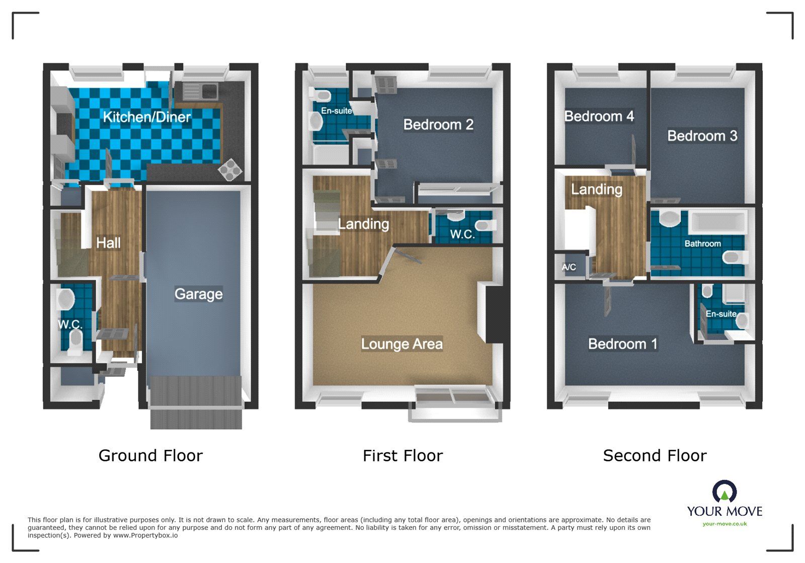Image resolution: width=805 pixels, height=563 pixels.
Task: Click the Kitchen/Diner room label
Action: [x=146, y=117]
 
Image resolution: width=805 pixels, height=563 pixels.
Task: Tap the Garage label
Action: [x=198, y=294]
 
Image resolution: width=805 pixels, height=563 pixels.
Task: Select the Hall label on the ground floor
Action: [x=108, y=243]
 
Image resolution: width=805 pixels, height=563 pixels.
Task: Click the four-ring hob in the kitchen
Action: [x=230, y=170]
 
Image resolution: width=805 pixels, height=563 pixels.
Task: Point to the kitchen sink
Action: [x=200, y=92]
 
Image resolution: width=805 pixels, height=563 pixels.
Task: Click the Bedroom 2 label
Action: [x=438, y=125]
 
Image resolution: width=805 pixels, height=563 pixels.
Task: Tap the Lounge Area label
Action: [x=401, y=344]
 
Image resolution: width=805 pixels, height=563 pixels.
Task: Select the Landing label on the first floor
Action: [x=363, y=224]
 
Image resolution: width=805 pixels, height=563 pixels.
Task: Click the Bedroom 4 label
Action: [x=599, y=116]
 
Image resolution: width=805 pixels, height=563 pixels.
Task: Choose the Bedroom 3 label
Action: [x=702, y=136]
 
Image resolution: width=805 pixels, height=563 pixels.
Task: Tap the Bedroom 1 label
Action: [x=622, y=344]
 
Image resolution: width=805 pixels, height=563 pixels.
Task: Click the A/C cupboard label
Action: [x=569, y=267]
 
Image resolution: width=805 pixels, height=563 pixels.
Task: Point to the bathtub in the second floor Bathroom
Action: [x=716, y=222]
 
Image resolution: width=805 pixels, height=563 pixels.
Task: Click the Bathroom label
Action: [x=702, y=244]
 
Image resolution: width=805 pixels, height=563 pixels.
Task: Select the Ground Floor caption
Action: [x=150, y=455]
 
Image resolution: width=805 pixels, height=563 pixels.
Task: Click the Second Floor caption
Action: [x=655, y=455]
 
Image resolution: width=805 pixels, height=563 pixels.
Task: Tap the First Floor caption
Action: [x=403, y=455]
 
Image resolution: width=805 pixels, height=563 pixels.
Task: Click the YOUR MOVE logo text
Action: [x=725, y=511]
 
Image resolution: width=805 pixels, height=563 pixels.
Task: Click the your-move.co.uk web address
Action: [x=725, y=524]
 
